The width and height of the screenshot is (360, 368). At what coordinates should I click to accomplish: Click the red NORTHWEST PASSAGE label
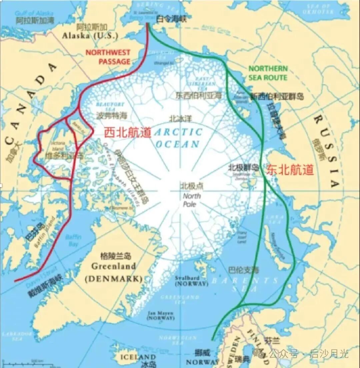[108, 57]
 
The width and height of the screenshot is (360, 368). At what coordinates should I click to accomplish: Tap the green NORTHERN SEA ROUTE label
[268, 73]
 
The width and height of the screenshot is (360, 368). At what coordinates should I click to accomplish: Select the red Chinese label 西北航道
[128, 133]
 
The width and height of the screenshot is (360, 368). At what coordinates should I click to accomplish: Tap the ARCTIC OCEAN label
[179, 138]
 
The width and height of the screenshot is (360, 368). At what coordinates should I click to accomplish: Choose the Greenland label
[113, 266]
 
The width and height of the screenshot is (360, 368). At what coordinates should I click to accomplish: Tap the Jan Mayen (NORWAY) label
[161, 315]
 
